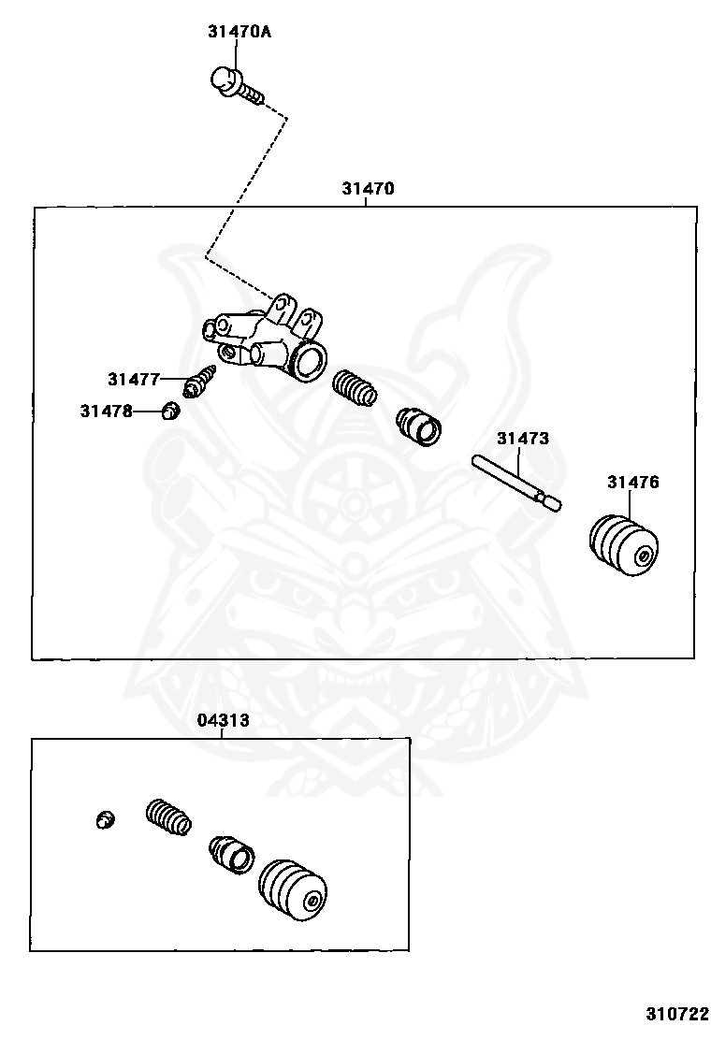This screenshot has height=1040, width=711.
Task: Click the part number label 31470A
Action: click(239, 31)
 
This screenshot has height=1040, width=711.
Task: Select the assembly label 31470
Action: click(368, 188)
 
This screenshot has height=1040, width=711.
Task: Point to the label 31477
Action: click(134, 380)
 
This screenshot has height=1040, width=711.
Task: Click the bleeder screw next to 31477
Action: click(202, 381)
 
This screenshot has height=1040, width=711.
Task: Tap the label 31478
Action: click(106, 412)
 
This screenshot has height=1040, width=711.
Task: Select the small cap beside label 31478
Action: click(171, 412)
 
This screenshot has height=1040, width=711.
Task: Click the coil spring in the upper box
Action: click(355, 388)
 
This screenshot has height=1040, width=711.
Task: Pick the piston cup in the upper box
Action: click(419, 426)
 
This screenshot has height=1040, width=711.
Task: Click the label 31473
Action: click(523, 439)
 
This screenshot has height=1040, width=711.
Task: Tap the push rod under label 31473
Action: click(517, 484)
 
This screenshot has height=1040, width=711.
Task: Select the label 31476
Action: click(633, 483)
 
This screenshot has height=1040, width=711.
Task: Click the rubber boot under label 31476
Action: click(623, 544)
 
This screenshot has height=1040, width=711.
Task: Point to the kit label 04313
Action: click(223, 720)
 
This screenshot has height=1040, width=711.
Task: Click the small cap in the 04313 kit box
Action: click(104, 819)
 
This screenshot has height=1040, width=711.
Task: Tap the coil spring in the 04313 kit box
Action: click(168, 817)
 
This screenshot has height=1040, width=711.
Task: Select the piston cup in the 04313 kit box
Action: click(231, 854)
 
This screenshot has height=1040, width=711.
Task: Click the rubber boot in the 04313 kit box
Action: click(293, 892)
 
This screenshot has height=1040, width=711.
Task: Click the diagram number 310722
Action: click(678, 1014)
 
